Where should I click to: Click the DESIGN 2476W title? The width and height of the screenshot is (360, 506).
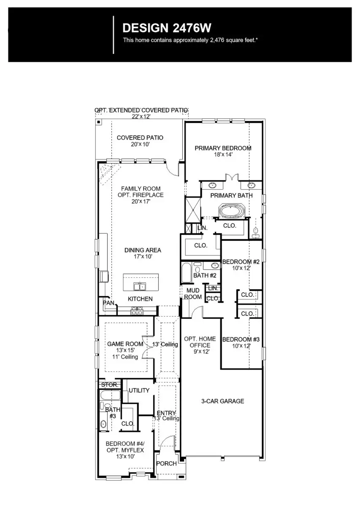pyautogui.click(x=166, y=28)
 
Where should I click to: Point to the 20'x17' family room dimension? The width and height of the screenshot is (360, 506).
pyautogui.click(x=141, y=202)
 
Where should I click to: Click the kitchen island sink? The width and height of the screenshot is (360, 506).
pyautogui.click(x=140, y=286)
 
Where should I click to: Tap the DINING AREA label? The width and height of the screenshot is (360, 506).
pyautogui.click(x=143, y=250)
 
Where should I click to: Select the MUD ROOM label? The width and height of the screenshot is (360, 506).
pyautogui.click(x=192, y=294)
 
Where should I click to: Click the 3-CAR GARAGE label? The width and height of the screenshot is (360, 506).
pyautogui.click(x=222, y=401)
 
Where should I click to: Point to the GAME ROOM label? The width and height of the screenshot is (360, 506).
pyautogui.click(x=125, y=344)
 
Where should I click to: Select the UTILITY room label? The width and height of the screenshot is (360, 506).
pyautogui.click(x=139, y=390)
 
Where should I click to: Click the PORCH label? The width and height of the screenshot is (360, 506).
pyautogui.click(x=166, y=463)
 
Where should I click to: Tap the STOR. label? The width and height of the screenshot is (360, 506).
pyautogui.click(x=109, y=385)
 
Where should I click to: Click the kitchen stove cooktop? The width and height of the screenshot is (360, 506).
pyautogui.click(x=137, y=312)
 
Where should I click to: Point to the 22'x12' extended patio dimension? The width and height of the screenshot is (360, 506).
pyautogui.click(x=141, y=116)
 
